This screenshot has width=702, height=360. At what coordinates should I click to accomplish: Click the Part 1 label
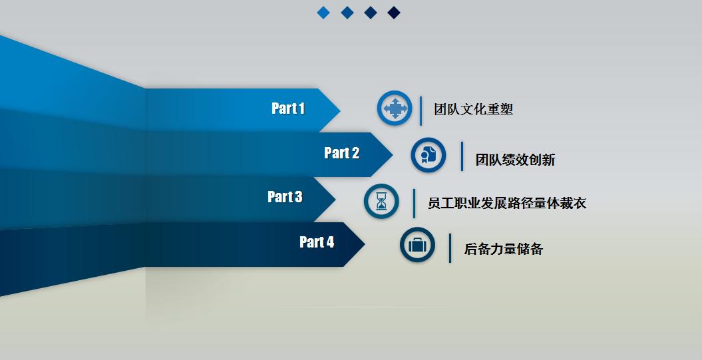[287, 108]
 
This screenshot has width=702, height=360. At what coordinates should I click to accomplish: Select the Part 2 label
[341, 153]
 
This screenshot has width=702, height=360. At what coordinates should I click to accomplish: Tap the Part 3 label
[284, 197]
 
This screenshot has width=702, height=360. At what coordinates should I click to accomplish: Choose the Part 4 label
[317, 242]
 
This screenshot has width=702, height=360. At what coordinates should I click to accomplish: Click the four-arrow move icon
[395, 108]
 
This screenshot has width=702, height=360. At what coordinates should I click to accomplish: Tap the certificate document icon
[427, 155]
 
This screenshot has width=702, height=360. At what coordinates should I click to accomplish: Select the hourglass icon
[381, 201]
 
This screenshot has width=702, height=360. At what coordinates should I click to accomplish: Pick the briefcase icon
[417, 245]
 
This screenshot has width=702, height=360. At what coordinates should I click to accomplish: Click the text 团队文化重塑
[473, 109]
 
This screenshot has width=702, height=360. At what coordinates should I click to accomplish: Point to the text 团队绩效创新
[515, 160]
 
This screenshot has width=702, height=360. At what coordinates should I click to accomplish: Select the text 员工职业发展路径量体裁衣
[506, 204]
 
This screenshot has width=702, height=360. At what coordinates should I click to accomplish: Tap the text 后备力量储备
[503, 249]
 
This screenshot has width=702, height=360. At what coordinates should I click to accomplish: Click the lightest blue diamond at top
[323, 13]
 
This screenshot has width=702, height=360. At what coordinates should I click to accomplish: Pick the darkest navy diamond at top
[394, 13]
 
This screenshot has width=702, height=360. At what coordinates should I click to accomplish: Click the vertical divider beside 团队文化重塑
[421, 110]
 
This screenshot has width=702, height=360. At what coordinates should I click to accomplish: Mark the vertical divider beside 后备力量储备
[450, 248]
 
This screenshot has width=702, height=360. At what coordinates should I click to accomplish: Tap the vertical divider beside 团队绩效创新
[462, 156]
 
